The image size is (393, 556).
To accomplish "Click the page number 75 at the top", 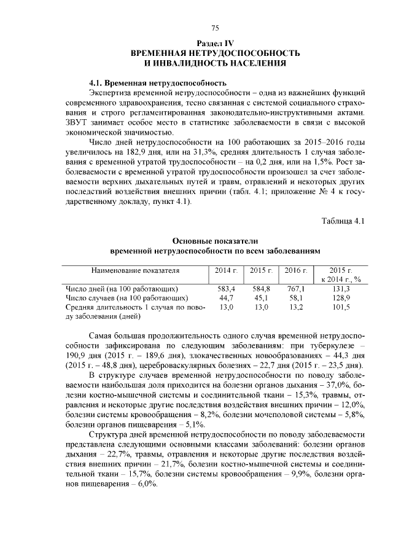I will pyautogui.click(x=215, y=28).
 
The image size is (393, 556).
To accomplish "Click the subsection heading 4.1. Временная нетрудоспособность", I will pyautogui.click(x=158, y=82).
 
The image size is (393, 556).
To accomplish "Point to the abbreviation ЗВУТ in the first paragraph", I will pyautogui.click(x=79, y=122).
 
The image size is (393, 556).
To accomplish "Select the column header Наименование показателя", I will pyautogui.click(x=135, y=270).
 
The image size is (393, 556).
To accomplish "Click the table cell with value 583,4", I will pyautogui.click(x=227, y=289).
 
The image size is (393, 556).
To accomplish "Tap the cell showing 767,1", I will pyautogui.click(x=296, y=289).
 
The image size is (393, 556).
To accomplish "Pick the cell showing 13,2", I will pyautogui.click(x=296, y=307).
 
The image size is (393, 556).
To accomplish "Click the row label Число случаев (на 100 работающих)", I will pyautogui.click(x=126, y=298).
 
